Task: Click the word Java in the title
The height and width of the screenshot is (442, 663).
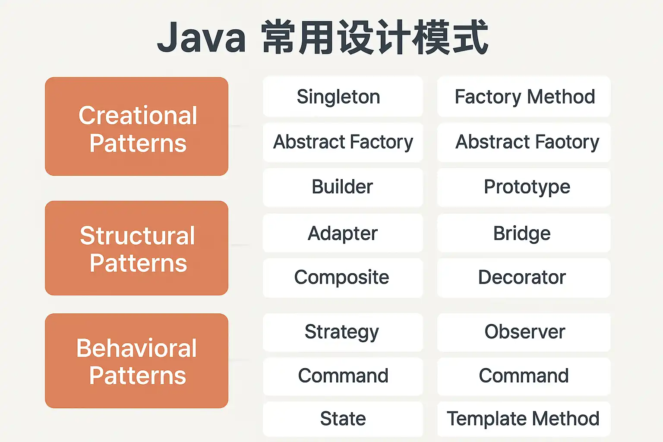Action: [201, 38]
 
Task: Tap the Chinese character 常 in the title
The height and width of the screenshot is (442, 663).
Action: [278, 37]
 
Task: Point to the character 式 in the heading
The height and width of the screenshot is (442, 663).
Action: [470, 37]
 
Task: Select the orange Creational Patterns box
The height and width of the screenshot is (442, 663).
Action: [136, 126]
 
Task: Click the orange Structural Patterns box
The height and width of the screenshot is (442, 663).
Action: [136, 248]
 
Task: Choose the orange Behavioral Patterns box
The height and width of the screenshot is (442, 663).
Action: [136, 361]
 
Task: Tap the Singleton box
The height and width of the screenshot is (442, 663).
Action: [343, 97]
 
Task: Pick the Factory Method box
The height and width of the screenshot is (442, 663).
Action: [524, 97]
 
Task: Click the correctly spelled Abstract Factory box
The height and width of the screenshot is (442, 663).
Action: [343, 142]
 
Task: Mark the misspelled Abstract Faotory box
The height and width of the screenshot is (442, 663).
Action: [524, 142]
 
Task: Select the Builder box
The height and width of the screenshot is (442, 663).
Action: [343, 187]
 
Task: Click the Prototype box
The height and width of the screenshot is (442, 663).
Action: [524, 187]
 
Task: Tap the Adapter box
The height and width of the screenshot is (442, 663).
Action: [343, 233]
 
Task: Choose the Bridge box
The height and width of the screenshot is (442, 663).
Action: [524, 233]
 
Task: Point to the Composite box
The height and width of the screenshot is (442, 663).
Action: [343, 278]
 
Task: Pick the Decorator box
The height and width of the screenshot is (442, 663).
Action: [524, 278]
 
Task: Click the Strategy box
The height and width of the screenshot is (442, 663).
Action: [343, 332]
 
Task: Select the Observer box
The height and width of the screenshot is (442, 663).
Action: [524, 332]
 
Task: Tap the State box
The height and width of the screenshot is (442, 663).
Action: [343, 419]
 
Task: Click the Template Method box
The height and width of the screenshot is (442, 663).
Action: [524, 419]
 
